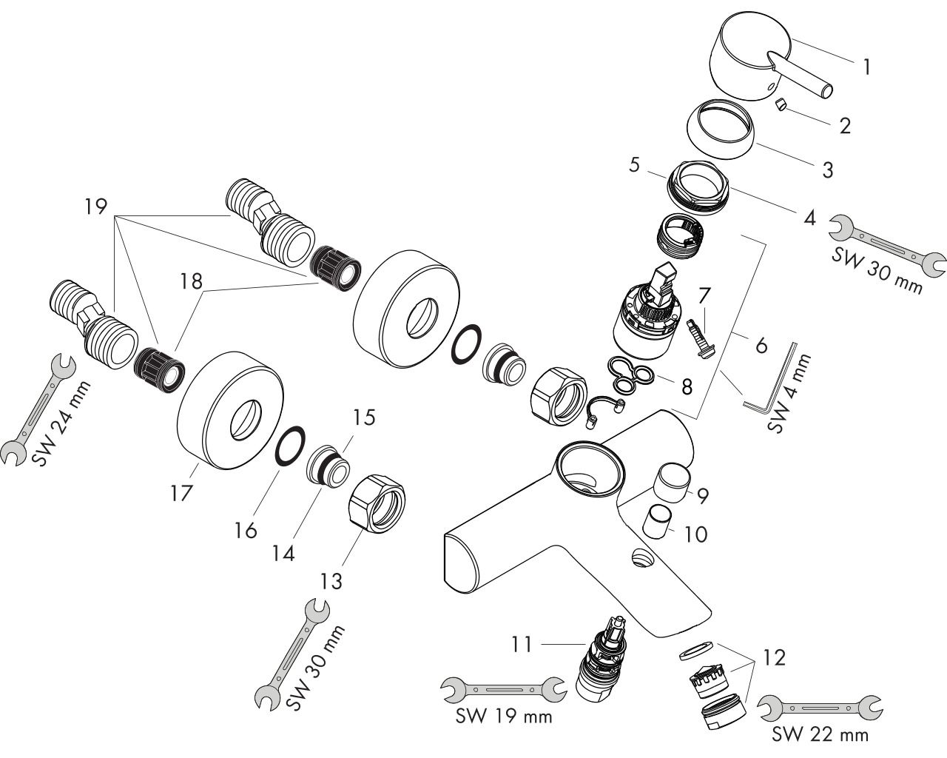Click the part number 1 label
(866, 67)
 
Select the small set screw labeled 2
(781, 105)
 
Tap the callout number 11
(522, 645)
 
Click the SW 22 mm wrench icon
(821, 708)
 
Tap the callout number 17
(182, 492)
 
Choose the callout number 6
(761, 345)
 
